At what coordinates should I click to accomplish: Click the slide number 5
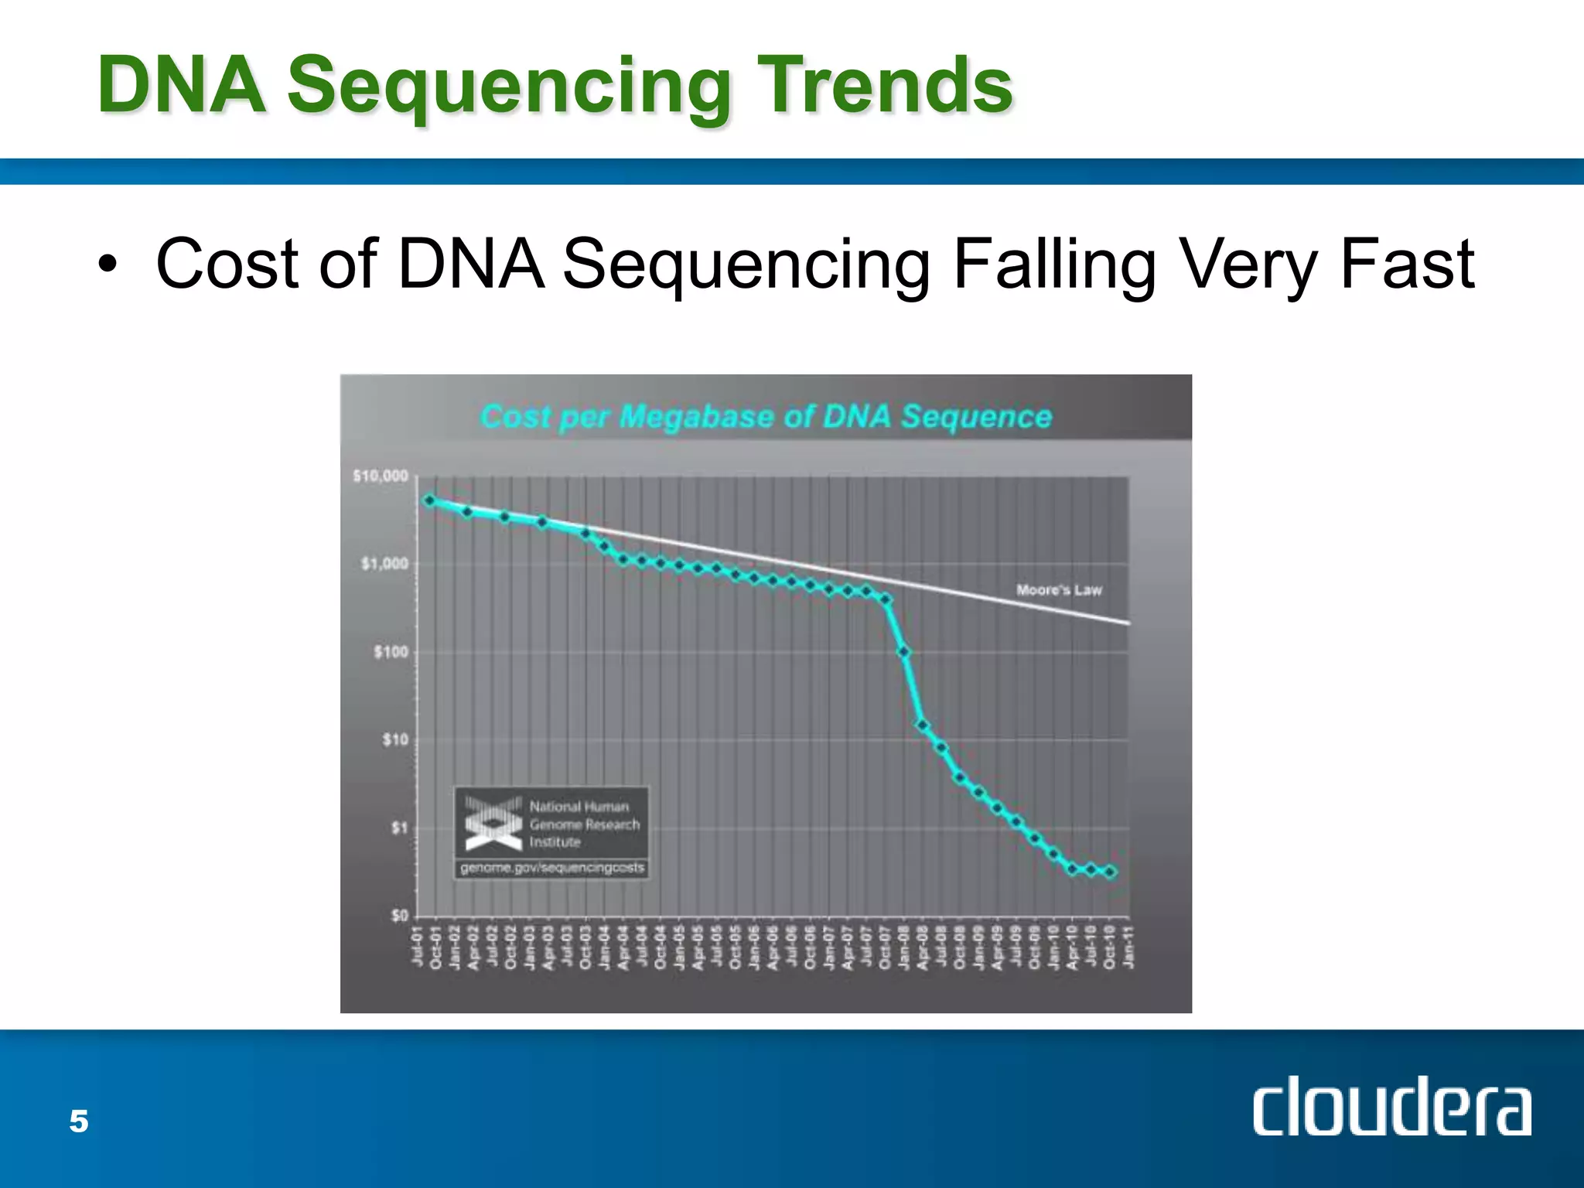[79, 1121]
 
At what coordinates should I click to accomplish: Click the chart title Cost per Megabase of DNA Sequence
[766, 417]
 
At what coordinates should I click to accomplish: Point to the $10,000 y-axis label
[381, 476]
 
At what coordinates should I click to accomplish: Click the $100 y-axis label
[391, 652]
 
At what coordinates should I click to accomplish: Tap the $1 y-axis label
[398, 828]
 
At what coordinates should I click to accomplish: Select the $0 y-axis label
[398, 916]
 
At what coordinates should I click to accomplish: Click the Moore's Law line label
[1058, 590]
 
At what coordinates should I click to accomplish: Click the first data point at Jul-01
[429, 500]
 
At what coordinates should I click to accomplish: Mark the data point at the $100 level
[903, 653]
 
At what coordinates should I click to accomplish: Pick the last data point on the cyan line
[1111, 872]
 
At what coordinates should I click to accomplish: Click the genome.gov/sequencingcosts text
[552, 868]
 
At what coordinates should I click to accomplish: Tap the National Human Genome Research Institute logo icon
[493, 823]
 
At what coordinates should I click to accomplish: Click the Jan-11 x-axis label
[1128, 947]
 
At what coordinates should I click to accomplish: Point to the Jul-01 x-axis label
[418, 947]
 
